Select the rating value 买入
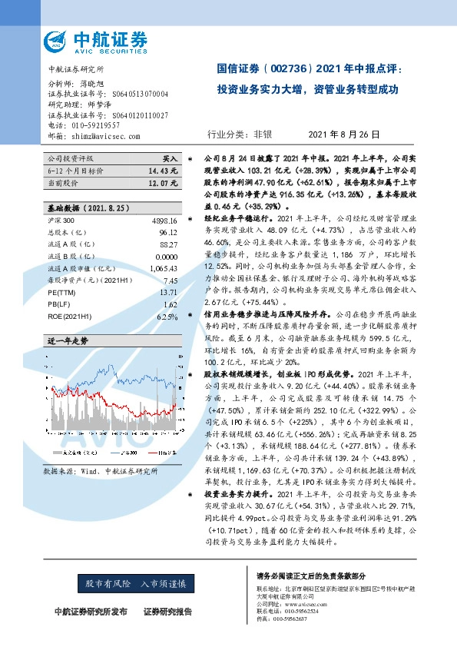(x=170, y=157)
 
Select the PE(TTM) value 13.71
(x=167, y=294)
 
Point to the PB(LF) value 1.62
(x=171, y=305)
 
